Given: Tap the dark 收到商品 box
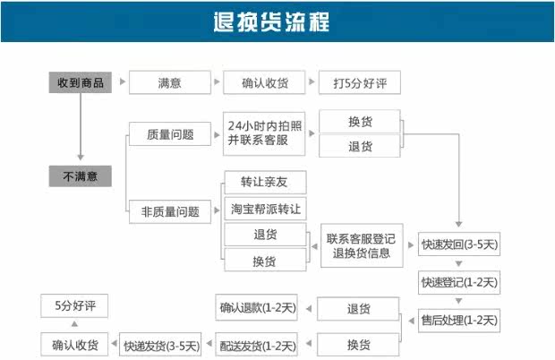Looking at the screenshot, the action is point(80,82).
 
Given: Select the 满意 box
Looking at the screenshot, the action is point(170,82).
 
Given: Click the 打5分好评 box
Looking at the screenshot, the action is point(359,82).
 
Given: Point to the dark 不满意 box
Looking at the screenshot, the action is point(80,176).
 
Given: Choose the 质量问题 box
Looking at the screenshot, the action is point(170,135).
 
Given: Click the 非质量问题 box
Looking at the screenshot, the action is point(170,212).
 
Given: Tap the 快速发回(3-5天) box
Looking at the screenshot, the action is point(459,244).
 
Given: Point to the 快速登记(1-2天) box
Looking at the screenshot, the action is point(459,282).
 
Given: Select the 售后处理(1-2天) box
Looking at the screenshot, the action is point(459,320).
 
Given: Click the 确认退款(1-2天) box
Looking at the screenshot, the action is point(256,308).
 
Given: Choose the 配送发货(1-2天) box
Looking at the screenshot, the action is point(256,345).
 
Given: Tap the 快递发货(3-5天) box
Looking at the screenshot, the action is point(162,345).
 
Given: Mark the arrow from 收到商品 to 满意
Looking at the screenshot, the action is point(120,82).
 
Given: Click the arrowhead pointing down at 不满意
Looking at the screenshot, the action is point(80,158).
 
